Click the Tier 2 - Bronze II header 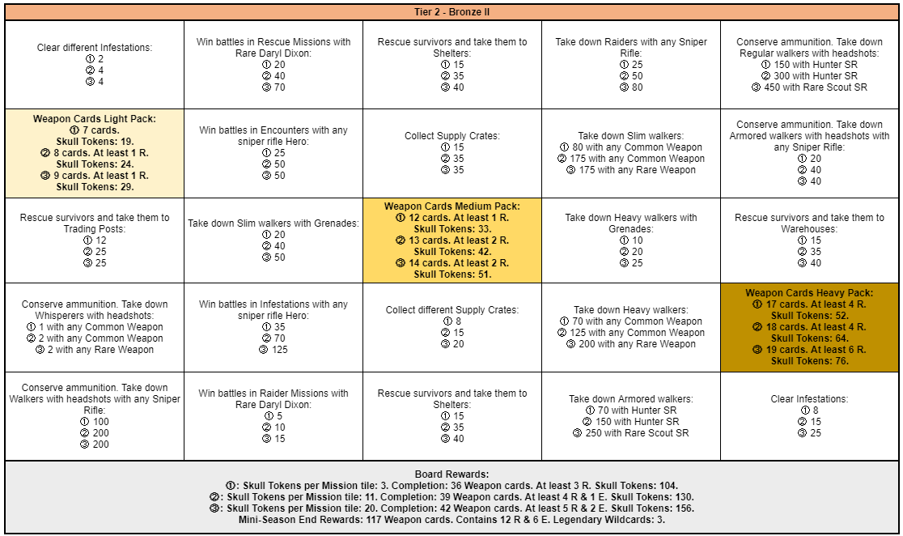451,12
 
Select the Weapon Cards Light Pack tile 95,153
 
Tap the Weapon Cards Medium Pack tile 452,240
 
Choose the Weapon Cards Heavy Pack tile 809,327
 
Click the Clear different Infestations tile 95,64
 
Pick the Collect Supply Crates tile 452,153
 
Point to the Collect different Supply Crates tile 452,327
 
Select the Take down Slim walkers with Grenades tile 273,240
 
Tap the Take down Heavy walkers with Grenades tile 631,240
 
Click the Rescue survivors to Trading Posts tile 95,240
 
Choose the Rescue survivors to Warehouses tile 809,240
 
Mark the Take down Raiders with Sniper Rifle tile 631,64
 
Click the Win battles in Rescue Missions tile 273,64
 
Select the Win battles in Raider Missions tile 273,416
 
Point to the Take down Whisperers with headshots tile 95,327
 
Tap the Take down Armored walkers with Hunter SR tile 631,416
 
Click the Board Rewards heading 451,474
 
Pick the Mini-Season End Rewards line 451,520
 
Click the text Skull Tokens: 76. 809,361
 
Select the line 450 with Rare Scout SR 809,87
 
